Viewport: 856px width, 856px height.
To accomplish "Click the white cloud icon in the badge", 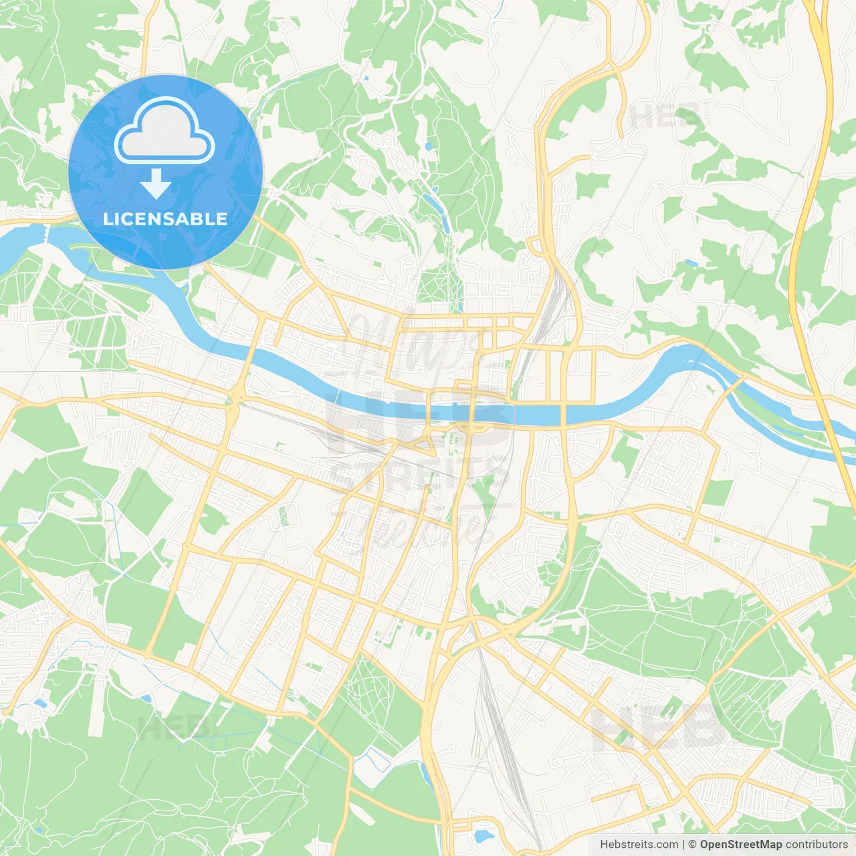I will [x=164, y=130].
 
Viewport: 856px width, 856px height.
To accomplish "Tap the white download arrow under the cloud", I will [x=156, y=184].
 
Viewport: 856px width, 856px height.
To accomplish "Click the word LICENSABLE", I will [x=165, y=219].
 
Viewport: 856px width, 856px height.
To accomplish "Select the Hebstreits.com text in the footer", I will [x=639, y=844].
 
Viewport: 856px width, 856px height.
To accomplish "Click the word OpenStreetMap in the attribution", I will [x=741, y=844].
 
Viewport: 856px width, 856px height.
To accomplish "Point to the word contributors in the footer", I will [x=817, y=844].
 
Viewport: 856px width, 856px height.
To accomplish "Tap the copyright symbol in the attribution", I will [x=693, y=844].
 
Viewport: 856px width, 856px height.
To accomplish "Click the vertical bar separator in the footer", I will [x=683, y=844].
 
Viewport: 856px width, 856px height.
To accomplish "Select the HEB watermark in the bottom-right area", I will [x=659, y=729].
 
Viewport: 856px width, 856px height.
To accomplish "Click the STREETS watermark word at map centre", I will [x=421, y=471].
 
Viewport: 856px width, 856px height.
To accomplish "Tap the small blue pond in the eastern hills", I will [x=690, y=263].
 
